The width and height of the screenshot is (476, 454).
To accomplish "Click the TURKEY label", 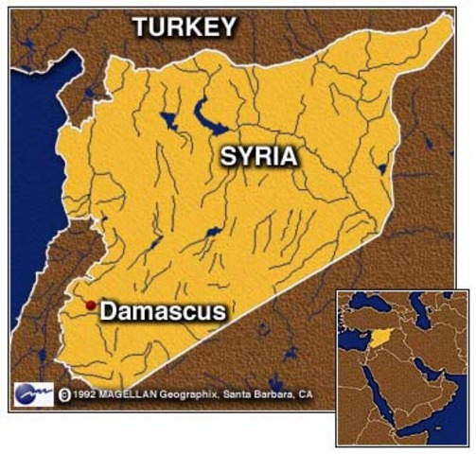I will (x=184, y=27).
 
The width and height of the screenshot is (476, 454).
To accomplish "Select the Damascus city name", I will (x=162, y=310).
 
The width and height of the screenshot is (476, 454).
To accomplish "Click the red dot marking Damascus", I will (x=90, y=305).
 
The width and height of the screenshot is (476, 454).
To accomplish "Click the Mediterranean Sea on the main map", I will (x=28, y=189).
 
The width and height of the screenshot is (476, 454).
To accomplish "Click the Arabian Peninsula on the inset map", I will (x=412, y=397).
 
